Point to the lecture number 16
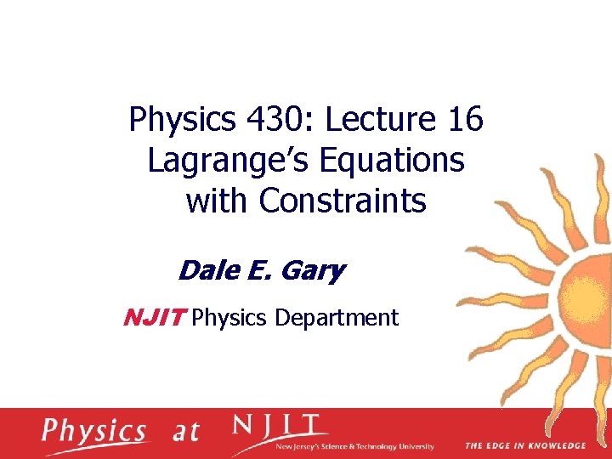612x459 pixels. pyautogui.click(x=464, y=121)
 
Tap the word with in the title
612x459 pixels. pyautogui.click(x=218, y=201)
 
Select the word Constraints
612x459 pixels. pyautogui.click(x=343, y=201)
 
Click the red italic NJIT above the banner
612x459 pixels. pyautogui.click(x=155, y=318)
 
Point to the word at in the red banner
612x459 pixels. pyautogui.click(x=186, y=431)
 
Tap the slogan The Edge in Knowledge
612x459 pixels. pyautogui.click(x=524, y=445)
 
